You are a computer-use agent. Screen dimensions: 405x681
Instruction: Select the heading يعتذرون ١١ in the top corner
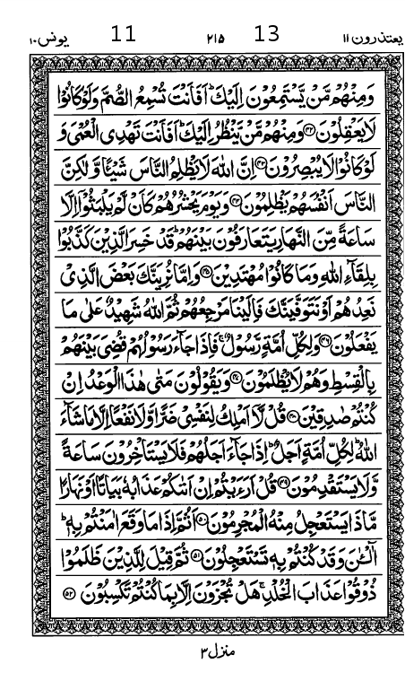363,37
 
